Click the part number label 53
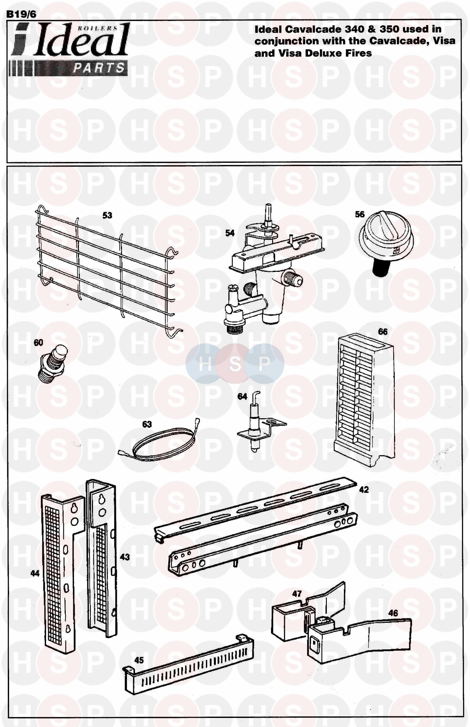(107, 215)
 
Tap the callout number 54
(230, 233)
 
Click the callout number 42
(364, 489)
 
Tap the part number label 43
(125, 557)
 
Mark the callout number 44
(35, 573)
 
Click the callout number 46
(393, 613)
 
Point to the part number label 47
(297, 593)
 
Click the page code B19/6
(21, 14)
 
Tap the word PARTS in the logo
(98, 68)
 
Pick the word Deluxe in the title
(323, 53)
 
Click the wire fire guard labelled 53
(103, 269)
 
